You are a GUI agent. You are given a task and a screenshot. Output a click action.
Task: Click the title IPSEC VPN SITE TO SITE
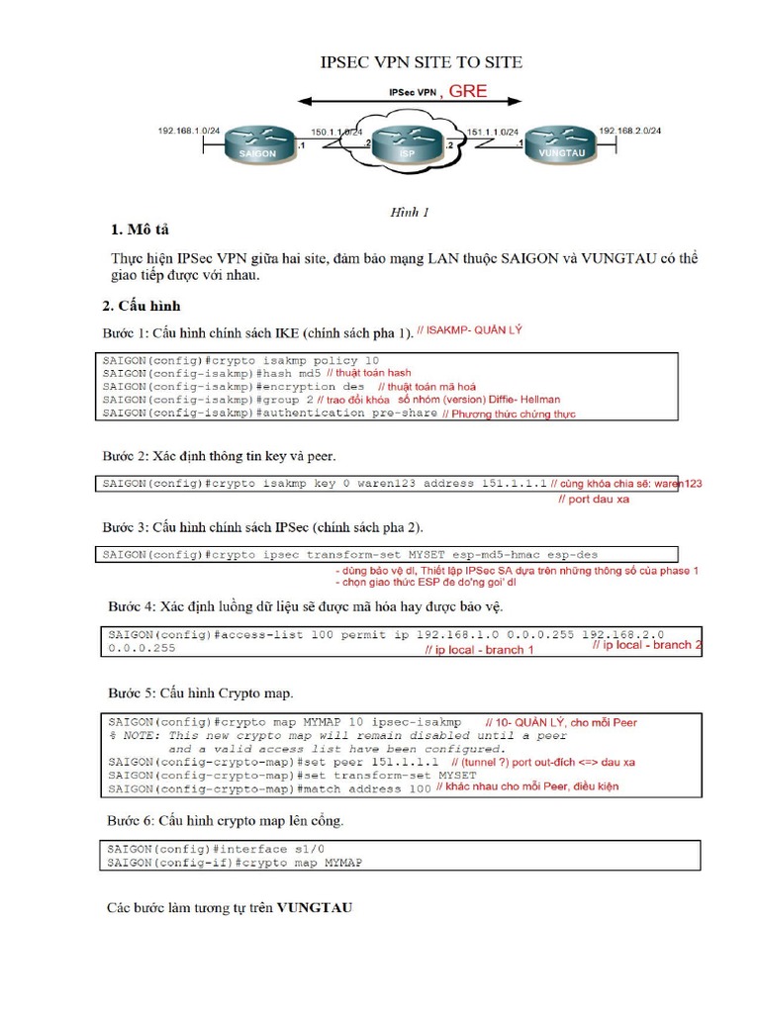pos(422,62)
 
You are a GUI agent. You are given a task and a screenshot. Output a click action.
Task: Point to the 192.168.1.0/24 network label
pos(189,131)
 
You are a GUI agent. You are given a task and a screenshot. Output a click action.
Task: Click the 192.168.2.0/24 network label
pos(630,131)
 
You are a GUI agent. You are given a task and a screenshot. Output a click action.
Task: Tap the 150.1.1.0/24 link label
pos(335,131)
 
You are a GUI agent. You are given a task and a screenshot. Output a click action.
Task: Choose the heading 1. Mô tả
pos(141,230)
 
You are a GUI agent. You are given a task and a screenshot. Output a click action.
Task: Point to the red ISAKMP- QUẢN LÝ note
pos(469,331)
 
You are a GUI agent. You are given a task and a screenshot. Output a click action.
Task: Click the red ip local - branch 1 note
pos(479,650)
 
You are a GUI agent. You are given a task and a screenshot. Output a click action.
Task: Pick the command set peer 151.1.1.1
pos(369,764)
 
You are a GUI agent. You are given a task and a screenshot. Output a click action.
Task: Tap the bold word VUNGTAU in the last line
pos(314,906)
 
